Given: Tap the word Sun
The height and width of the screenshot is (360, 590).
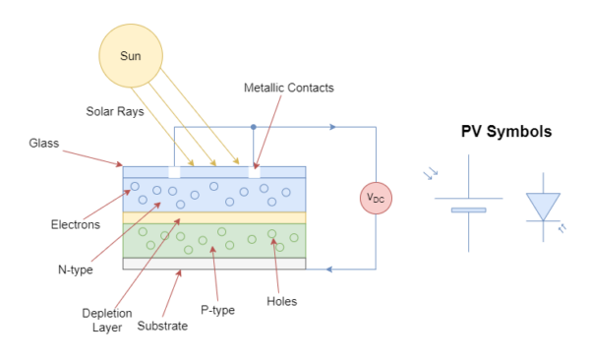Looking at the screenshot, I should click(131, 56).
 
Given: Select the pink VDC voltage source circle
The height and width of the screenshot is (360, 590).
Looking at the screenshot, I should click(376, 198).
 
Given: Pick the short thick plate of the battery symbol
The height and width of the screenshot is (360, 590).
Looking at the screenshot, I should click(468, 210).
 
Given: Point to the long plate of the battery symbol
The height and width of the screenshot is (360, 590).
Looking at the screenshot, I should click(468, 198).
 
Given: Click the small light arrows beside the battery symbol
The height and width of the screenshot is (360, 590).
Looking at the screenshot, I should click(430, 174).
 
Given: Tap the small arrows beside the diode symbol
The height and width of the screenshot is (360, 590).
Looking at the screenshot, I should click(562, 228).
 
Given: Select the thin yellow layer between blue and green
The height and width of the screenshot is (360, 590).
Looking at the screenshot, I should click(214, 217).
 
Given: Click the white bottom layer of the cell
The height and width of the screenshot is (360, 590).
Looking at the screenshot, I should click(214, 263).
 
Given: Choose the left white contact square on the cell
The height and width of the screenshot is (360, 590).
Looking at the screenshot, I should click(174, 172).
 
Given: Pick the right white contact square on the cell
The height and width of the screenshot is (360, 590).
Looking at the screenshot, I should click(254, 172).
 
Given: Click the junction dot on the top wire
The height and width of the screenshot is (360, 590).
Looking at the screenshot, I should click(253, 127).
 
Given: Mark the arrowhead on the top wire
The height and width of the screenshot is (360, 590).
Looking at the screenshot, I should click(334, 127).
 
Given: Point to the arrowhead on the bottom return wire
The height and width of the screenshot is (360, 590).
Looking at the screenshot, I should click(327, 269).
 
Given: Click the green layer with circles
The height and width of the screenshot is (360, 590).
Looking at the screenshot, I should click(214, 240).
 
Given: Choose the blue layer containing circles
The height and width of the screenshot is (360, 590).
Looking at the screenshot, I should click(214, 194).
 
